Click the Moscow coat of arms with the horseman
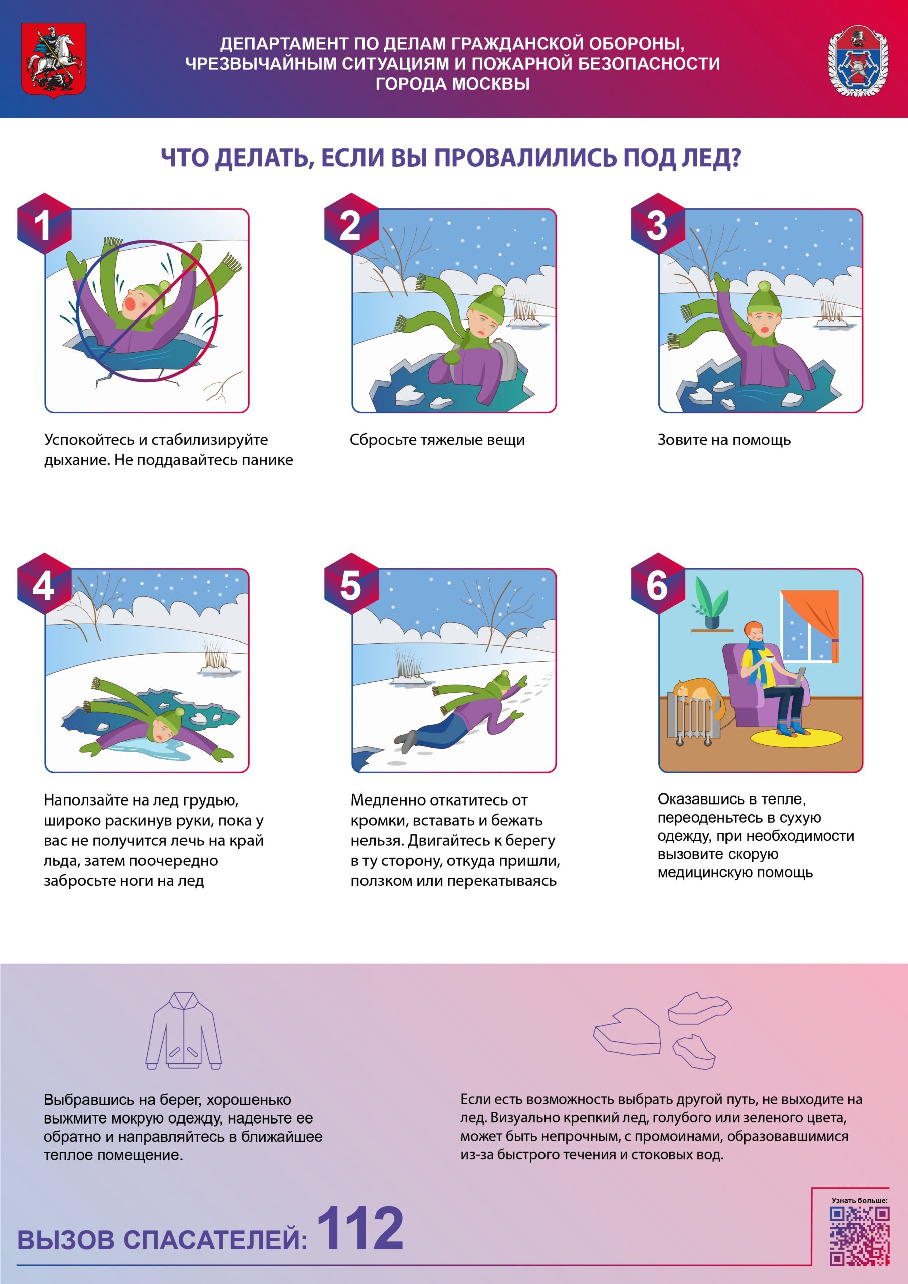click(x=53, y=60)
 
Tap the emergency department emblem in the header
click(x=858, y=60)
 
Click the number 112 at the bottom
click(x=360, y=1229)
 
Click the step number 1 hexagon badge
click(x=44, y=224)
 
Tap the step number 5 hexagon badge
click(x=351, y=584)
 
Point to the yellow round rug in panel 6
click(x=796, y=738)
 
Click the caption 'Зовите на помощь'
click(x=724, y=440)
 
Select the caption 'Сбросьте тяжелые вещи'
click(x=437, y=440)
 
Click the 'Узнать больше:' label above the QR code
click(x=859, y=1200)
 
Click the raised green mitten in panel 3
click(x=722, y=282)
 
